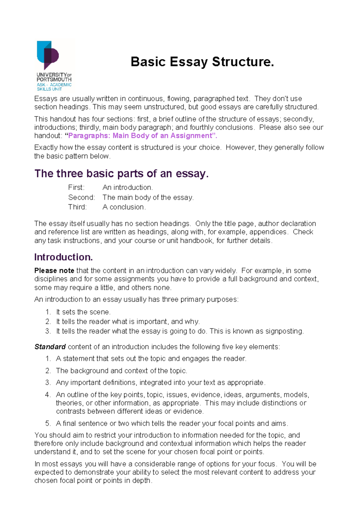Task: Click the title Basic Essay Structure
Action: coord(202,62)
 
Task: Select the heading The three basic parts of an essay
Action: coord(121,173)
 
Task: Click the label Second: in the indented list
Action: coord(81,197)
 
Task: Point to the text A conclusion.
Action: coord(124,207)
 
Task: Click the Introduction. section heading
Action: coord(63,257)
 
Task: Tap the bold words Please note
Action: coord(54,271)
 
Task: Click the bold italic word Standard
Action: coord(50,347)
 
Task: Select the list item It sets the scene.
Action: coord(83,312)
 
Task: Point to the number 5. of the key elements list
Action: coord(48,423)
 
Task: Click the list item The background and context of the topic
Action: coord(121,371)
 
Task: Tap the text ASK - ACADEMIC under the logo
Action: coord(54,85)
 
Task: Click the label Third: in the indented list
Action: coord(77,207)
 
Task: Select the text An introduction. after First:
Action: coord(127,188)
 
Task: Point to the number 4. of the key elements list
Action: coord(48,395)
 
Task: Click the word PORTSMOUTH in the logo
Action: coord(54,80)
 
